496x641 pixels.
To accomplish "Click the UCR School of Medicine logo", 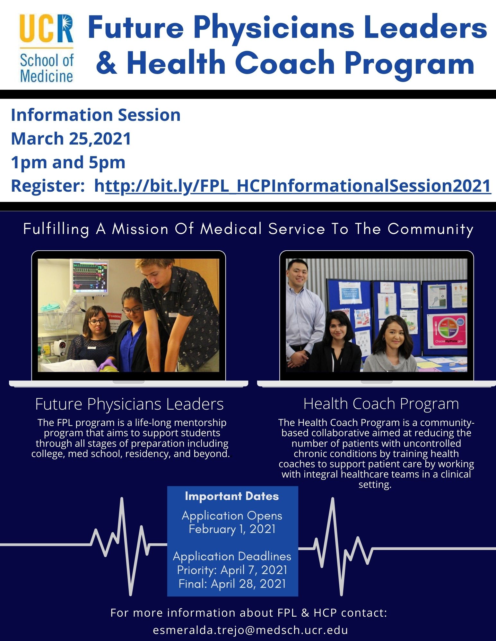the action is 47,48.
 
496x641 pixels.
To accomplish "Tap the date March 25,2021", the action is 71,138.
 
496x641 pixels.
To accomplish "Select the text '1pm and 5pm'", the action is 68,162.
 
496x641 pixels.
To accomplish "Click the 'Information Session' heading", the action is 96,115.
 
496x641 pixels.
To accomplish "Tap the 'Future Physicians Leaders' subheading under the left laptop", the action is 129,404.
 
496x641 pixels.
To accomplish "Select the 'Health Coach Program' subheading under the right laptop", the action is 381,404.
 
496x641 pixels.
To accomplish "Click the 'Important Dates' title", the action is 232,496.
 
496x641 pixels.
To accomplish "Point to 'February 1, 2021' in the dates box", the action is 232,529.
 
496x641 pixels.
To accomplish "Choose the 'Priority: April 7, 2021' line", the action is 232,570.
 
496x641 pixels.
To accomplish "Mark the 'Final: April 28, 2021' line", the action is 232,584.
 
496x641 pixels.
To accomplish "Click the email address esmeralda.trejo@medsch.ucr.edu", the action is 250,630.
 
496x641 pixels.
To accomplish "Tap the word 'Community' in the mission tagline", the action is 431,229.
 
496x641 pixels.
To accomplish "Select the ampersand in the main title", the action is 107,63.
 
